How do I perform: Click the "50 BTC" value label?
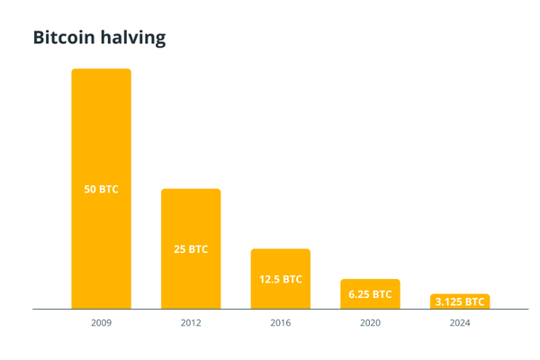tap(101, 190)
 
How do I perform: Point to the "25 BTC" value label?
tap(191, 249)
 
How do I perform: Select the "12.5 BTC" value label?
tap(281, 279)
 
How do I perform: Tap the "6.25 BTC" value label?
tap(370, 294)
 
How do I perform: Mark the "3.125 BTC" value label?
tap(460, 302)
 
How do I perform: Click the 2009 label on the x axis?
tap(101, 321)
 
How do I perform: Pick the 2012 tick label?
tap(191, 321)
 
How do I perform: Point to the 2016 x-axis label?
tap(281, 321)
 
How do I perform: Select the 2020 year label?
tap(370, 321)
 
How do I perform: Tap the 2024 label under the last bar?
tap(460, 321)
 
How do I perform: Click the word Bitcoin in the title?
tap(64, 38)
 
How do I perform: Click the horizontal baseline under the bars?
tap(270, 310)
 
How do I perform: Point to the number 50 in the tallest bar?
tap(90, 190)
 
